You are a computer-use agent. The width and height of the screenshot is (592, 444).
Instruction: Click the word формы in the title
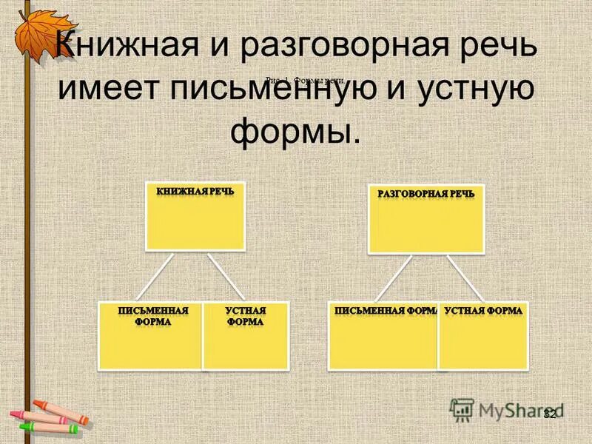(297, 132)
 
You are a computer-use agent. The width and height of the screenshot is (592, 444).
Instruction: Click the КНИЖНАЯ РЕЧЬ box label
(195, 191)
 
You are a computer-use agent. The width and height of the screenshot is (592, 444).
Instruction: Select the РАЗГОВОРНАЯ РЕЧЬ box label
(426, 194)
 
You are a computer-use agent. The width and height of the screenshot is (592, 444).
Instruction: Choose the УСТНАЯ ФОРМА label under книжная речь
(245, 316)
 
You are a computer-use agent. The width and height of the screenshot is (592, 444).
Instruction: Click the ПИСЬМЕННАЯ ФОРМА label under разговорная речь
(383, 311)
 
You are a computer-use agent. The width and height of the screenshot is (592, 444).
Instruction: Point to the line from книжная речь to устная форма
(226, 277)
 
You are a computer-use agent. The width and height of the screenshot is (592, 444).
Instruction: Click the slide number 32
(549, 414)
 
